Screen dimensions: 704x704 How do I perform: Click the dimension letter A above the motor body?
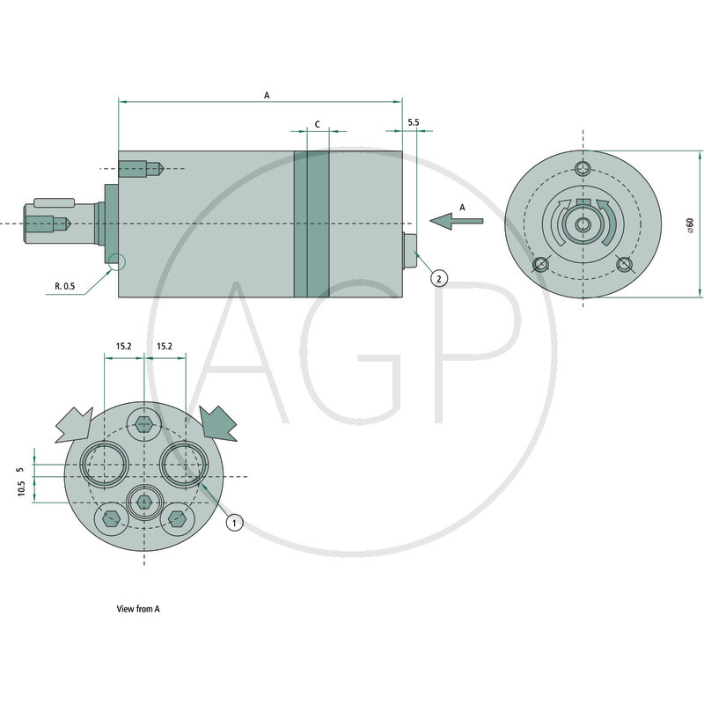tap(267, 93)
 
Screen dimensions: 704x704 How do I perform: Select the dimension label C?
tap(316, 124)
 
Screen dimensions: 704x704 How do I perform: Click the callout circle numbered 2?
tap(439, 278)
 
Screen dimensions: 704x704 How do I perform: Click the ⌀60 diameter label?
tap(691, 224)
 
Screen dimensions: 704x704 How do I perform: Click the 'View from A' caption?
tap(138, 608)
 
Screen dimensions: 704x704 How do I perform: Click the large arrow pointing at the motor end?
tap(456, 220)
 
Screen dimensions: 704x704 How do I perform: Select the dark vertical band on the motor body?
tap(311, 224)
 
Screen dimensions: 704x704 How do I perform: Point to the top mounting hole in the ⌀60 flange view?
tap(582, 169)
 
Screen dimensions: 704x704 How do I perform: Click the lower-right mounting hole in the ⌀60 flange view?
tap(625, 264)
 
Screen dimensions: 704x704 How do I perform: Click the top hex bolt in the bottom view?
tap(144, 424)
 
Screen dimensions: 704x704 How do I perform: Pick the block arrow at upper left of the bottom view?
tap(74, 424)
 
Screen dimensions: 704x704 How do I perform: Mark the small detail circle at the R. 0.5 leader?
tap(117, 261)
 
